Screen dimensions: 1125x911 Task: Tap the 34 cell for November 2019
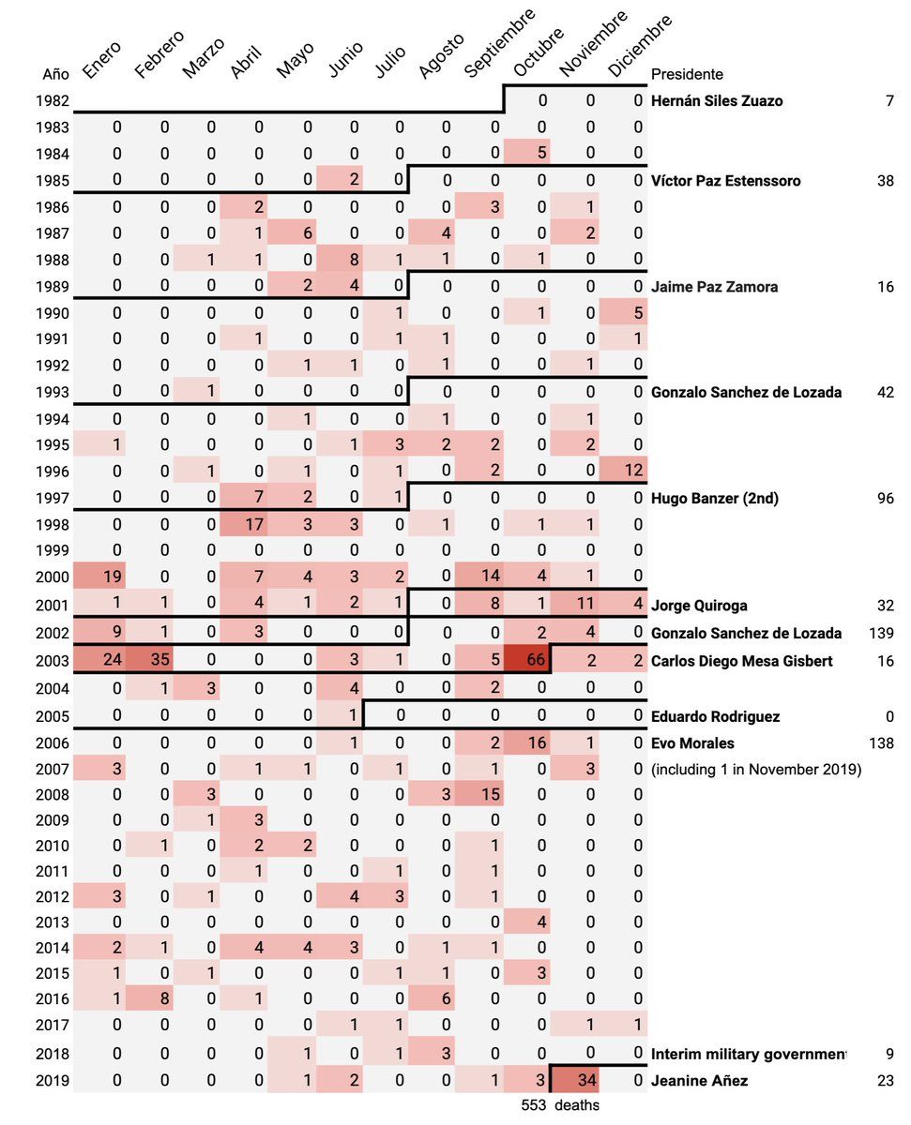589,1081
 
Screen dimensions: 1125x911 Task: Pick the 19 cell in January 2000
117,575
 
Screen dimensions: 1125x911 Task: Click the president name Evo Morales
692,743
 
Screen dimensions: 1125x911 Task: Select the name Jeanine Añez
699,1081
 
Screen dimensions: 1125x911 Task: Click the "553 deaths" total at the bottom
560,1105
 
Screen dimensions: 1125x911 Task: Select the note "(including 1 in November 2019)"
756,770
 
